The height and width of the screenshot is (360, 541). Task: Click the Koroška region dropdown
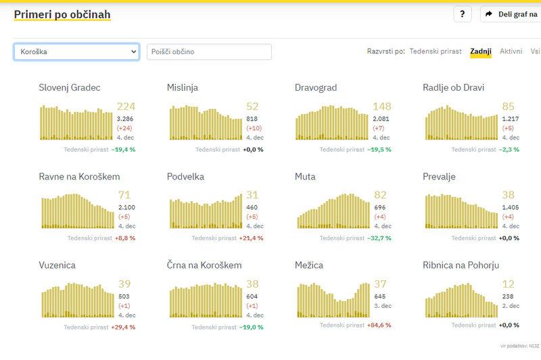tap(76, 52)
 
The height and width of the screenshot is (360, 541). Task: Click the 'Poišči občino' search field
tap(209, 52)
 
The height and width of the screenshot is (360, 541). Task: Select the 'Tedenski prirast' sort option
tap(436, 51)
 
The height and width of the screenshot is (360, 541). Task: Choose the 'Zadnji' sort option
tap(481, 51)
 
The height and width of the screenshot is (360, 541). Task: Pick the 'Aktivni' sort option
tap(511, 51)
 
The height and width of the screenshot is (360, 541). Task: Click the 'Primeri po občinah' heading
tap(62, 14)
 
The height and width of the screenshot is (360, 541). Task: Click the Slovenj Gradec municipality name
tap(70, 88)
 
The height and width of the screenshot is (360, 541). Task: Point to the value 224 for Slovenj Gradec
tap(126, 106)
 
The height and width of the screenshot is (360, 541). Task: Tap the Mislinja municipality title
tap(183, 88)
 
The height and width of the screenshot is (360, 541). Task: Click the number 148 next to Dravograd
tap(382, 106)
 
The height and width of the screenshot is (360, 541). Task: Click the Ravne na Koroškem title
tap(79, 177)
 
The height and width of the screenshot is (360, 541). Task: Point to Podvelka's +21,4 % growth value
tap(251, 238)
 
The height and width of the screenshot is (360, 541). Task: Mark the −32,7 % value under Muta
tap(378, 238)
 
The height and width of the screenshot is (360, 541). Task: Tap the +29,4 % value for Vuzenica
tap(123, 327)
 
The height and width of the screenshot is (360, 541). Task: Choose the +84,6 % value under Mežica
tap(379, 325)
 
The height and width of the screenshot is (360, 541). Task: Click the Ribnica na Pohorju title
tap(461, 265)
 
